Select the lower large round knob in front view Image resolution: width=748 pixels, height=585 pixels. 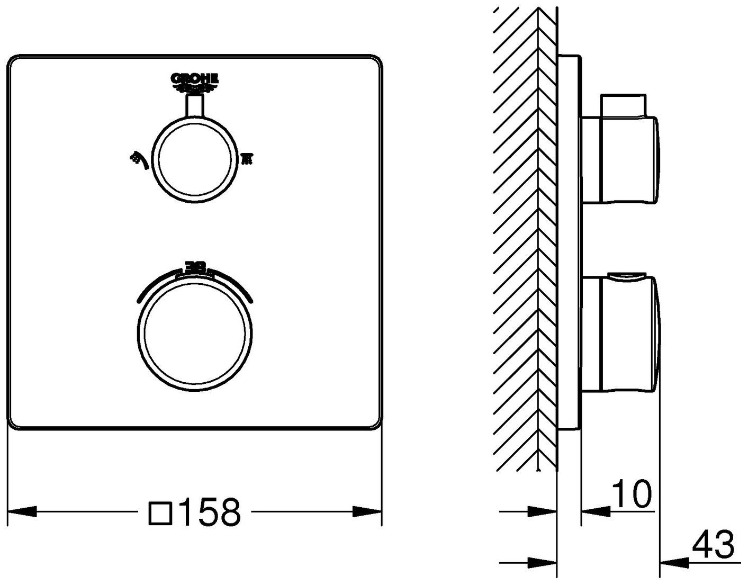click(194, 337)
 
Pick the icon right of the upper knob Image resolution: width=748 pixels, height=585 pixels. click(247, 158)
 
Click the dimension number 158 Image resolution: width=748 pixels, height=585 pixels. click(209, 512)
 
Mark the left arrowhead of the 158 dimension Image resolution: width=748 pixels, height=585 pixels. click(22, 512)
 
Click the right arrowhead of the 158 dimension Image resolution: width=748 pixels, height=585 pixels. click(367, 512)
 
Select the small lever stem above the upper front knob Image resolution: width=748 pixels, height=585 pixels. click(194, 105)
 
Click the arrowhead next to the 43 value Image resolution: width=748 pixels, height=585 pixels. click(674, 562)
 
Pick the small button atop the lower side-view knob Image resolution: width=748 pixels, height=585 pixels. click(627, 275)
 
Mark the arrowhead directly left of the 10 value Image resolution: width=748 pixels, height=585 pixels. click(596, 511)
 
